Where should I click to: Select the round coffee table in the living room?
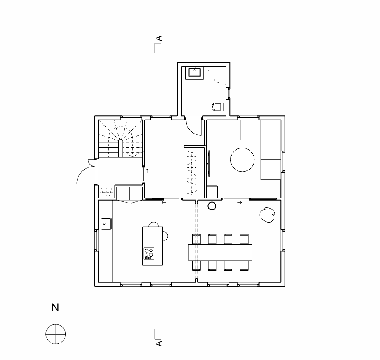pos(242,159)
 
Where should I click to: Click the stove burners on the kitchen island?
pos(148,253)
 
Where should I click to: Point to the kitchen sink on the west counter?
pos(106,223)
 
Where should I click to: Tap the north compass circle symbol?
pos(56,333)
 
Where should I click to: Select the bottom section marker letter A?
pos(159,343)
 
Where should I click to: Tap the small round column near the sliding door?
pos(212,206)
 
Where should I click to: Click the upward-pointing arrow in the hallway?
pos(147,171)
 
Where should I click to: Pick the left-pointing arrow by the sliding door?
pos(164,203)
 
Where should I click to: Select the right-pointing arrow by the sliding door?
pos(240,203)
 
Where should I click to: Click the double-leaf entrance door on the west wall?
pos(86,173)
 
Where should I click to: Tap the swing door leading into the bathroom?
pos(193,126)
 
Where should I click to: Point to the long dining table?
pos(220,252)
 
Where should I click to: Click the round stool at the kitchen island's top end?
pos(154,224)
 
